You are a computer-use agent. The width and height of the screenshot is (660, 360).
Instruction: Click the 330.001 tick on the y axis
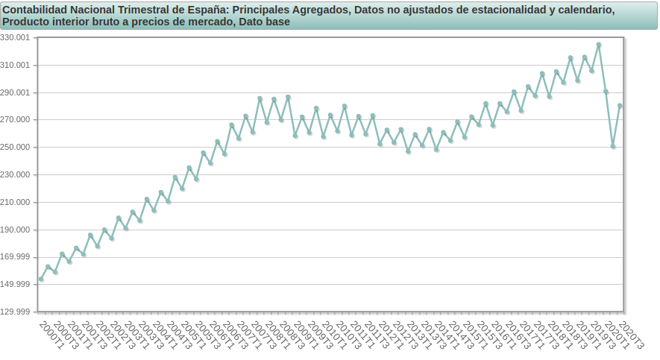(16, 38)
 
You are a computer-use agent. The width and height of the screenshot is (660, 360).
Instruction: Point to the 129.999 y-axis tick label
(16, 312)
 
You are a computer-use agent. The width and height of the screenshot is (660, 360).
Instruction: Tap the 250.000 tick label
(16, 148)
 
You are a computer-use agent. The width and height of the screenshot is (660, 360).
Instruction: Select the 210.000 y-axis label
(16, 203)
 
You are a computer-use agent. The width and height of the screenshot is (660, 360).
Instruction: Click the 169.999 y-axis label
(16, 257)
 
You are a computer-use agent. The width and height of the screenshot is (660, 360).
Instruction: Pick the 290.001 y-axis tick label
(16, 93)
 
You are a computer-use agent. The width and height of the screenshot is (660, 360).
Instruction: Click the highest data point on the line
(599, 45)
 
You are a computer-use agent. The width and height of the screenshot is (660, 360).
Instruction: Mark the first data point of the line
(41, 280)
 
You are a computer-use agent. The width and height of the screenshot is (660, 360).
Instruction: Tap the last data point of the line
(620, 106)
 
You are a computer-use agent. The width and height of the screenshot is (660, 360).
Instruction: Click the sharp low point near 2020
(613, 146)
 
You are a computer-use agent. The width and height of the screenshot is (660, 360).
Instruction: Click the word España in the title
(208, 10)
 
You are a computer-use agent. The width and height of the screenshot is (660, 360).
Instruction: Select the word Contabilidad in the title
(35, 10)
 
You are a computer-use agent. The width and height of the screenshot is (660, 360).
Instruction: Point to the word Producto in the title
(26, 22)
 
